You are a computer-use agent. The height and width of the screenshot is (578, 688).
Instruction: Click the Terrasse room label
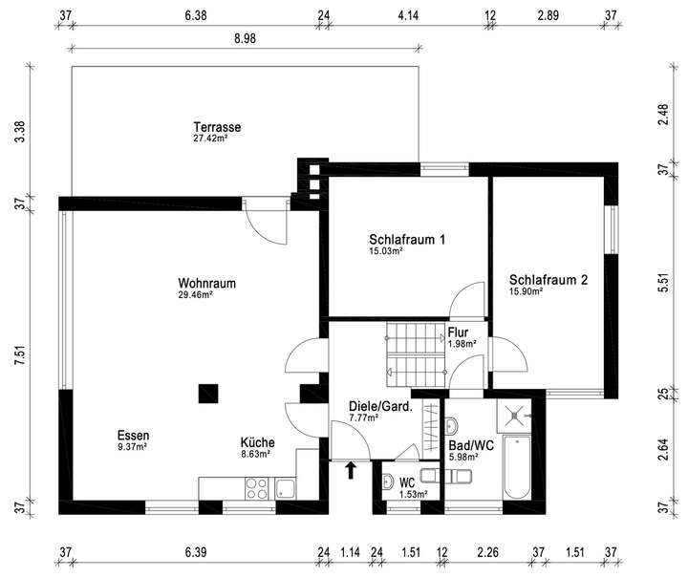click(216, 126)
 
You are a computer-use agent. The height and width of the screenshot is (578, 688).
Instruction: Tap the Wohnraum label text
click(206, 284)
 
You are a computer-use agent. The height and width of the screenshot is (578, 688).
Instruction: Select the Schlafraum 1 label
click(408, 240)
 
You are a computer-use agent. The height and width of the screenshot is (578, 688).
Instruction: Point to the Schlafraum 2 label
click(548, 280)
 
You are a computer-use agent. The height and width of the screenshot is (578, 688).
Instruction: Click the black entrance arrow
click(351, 469)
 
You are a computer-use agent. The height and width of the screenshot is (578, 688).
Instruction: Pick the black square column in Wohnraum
click(207, 393)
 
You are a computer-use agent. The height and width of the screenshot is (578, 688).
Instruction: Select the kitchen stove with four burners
click(257, 488)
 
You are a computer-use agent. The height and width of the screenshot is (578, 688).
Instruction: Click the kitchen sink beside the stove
click(286, 488)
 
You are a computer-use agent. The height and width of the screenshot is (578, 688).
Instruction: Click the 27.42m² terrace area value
click(210, 139)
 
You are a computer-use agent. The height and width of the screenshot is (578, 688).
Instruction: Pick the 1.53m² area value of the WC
click(413, 494)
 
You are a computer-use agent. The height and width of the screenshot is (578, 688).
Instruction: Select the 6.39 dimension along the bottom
click(194, 551)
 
